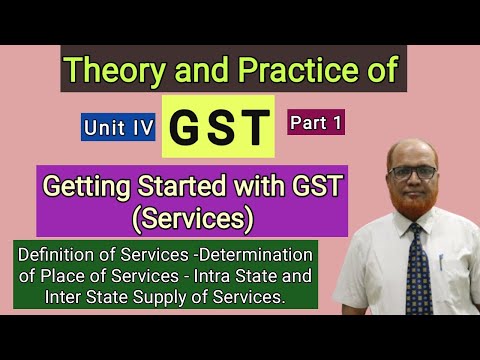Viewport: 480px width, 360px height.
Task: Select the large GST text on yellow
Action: coord(218,127)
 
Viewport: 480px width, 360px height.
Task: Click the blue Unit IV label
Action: coord(118,126)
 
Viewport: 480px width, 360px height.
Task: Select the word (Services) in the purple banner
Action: coord(213,215)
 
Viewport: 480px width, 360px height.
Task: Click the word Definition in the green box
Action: coord(59,254)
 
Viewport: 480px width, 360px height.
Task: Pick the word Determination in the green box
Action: coord(253,254)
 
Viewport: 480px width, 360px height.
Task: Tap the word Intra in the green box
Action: coord(222,274)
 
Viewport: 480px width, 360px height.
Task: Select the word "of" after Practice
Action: coord(381,70)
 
